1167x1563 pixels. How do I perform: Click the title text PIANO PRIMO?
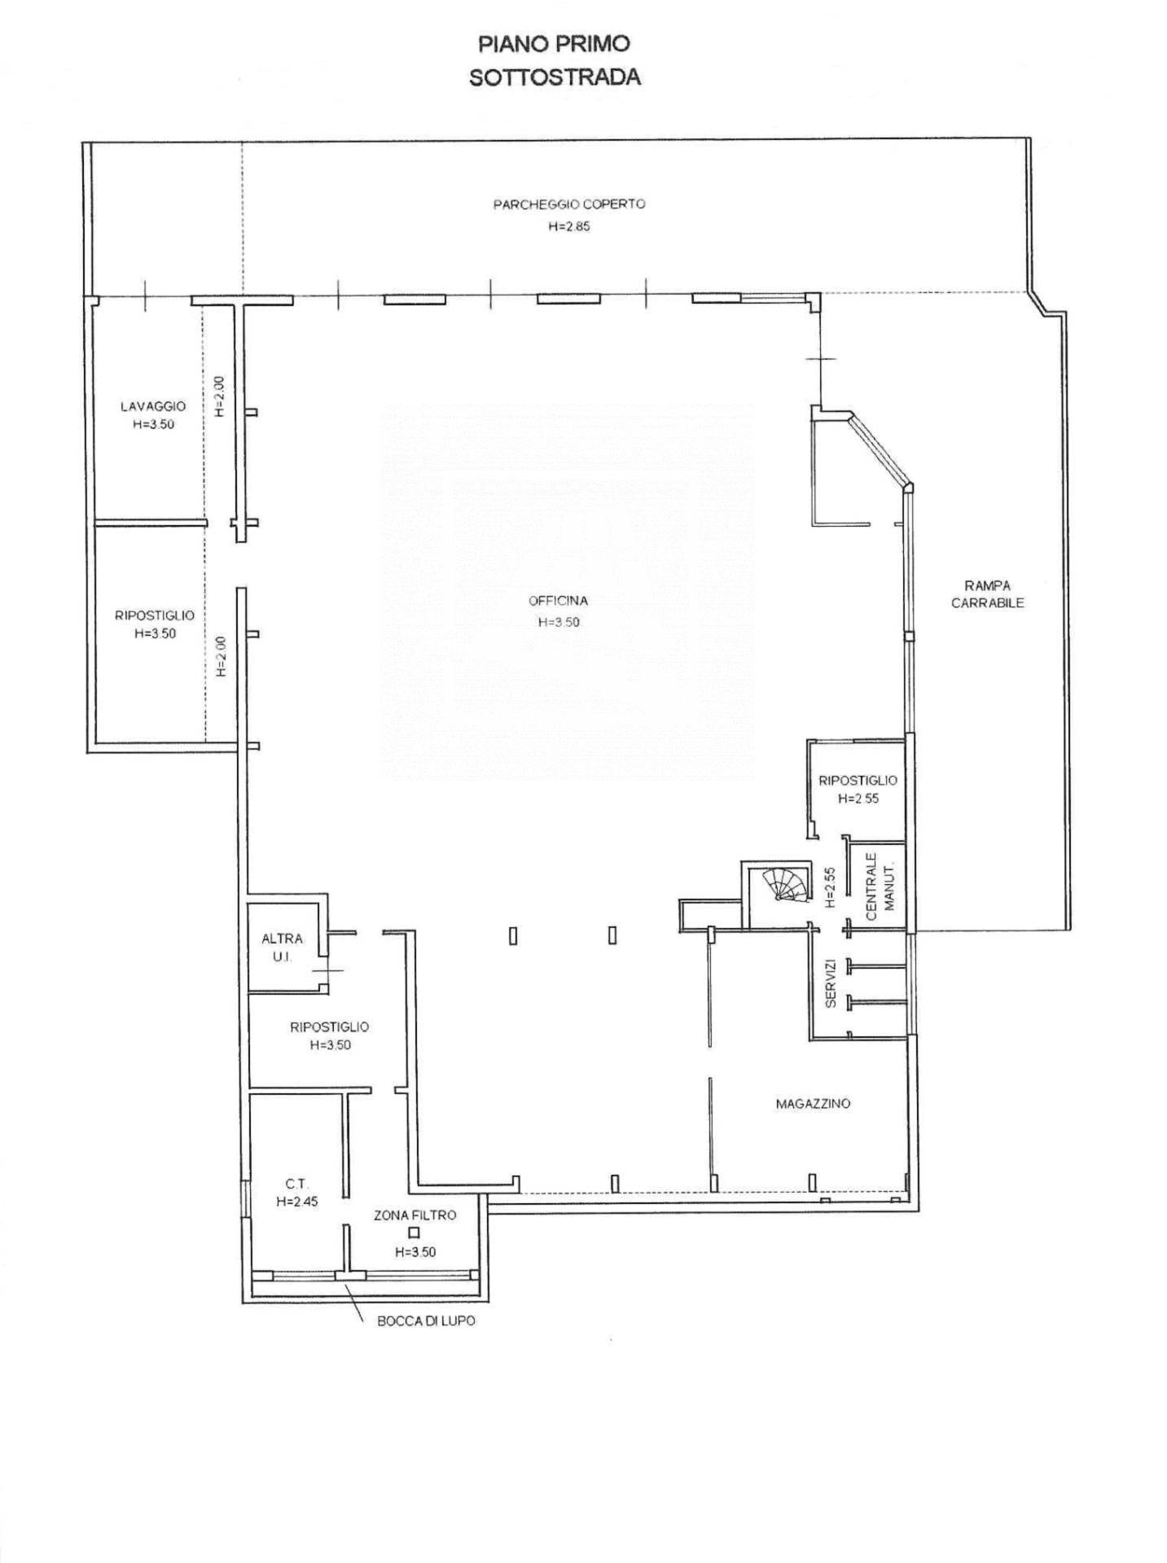[x=555, y=43]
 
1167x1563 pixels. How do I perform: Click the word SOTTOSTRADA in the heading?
[x=555, y=77]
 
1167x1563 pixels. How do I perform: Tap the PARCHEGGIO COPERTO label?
[x=569, y=204]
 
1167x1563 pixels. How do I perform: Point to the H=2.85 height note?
[x=569, y=226]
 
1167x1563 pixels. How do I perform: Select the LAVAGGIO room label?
[x=153, y=406]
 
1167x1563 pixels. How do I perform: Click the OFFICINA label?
[x=558, y=602]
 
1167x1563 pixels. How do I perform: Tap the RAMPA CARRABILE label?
[x=988, y=594]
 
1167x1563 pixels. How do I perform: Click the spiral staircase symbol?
[x=783, y=885]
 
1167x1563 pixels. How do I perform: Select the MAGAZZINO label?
[x=813, y=1104]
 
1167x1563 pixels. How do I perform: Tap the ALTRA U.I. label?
[x=282, y=948]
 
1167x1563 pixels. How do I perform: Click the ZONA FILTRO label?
[x=415, y=1215]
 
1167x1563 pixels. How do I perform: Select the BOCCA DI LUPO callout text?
[x=426, y=1320]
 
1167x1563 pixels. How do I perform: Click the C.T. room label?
[x=296, y=1184]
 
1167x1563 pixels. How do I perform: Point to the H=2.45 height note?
[x=296, y=1202]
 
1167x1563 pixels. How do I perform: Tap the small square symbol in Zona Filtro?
[x=414, y=1233]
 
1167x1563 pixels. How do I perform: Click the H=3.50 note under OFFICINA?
[x=559, y=622]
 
